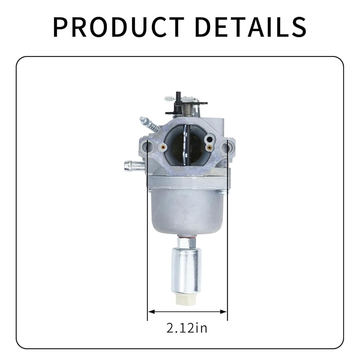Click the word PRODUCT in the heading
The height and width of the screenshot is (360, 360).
pyautogui.click(x=118, y=27)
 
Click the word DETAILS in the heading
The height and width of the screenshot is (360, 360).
pyautogui.click(x=251, y=27)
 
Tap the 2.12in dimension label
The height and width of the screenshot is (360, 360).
pyautogui.click(x=186, y=328)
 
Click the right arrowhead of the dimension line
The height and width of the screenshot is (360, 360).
pyautogui.click(x=224, y=311)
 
